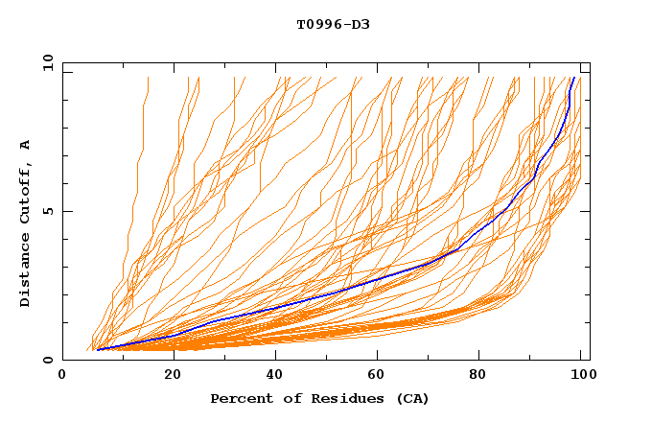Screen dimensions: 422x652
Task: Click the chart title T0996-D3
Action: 333,24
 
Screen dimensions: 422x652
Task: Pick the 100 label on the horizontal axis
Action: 579,375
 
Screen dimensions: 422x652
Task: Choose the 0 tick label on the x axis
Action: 63,375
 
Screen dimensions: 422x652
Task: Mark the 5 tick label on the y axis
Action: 47,211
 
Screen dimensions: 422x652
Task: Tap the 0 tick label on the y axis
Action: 47,360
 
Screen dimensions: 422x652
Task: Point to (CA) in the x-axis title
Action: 410,398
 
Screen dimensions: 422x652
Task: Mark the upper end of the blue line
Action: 573,79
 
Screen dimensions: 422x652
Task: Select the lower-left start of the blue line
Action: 98,349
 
